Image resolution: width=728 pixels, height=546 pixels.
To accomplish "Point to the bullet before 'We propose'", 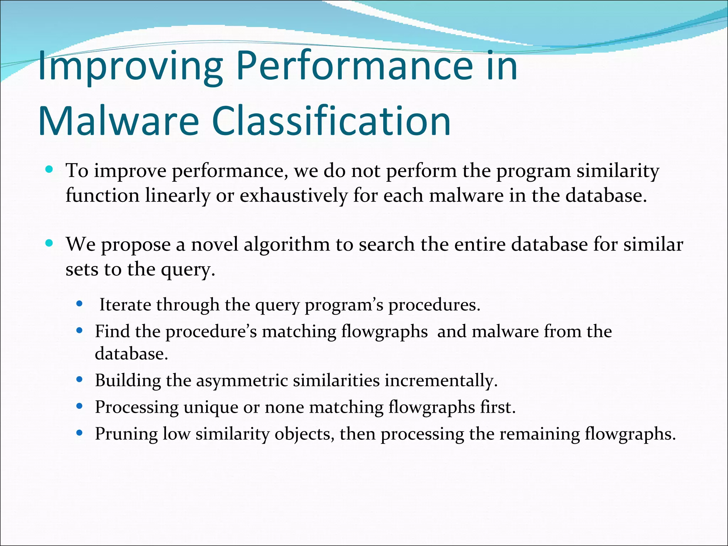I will point(49,243).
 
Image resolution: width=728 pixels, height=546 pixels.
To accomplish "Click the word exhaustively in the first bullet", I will point(293,196).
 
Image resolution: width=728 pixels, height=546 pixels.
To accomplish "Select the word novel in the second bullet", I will point(214,245).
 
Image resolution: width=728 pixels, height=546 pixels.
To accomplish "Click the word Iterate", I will point(124,305).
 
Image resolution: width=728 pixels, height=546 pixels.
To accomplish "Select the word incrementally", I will point(441,381).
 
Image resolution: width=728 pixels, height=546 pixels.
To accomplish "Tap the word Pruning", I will point(126,434).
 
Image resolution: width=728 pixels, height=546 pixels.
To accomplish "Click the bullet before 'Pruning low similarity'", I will point(80,433).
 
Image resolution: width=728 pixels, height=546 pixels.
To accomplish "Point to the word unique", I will point(210,408).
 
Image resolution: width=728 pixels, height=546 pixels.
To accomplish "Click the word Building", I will point(128,381).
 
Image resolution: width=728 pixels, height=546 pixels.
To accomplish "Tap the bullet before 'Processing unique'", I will point(80,406).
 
